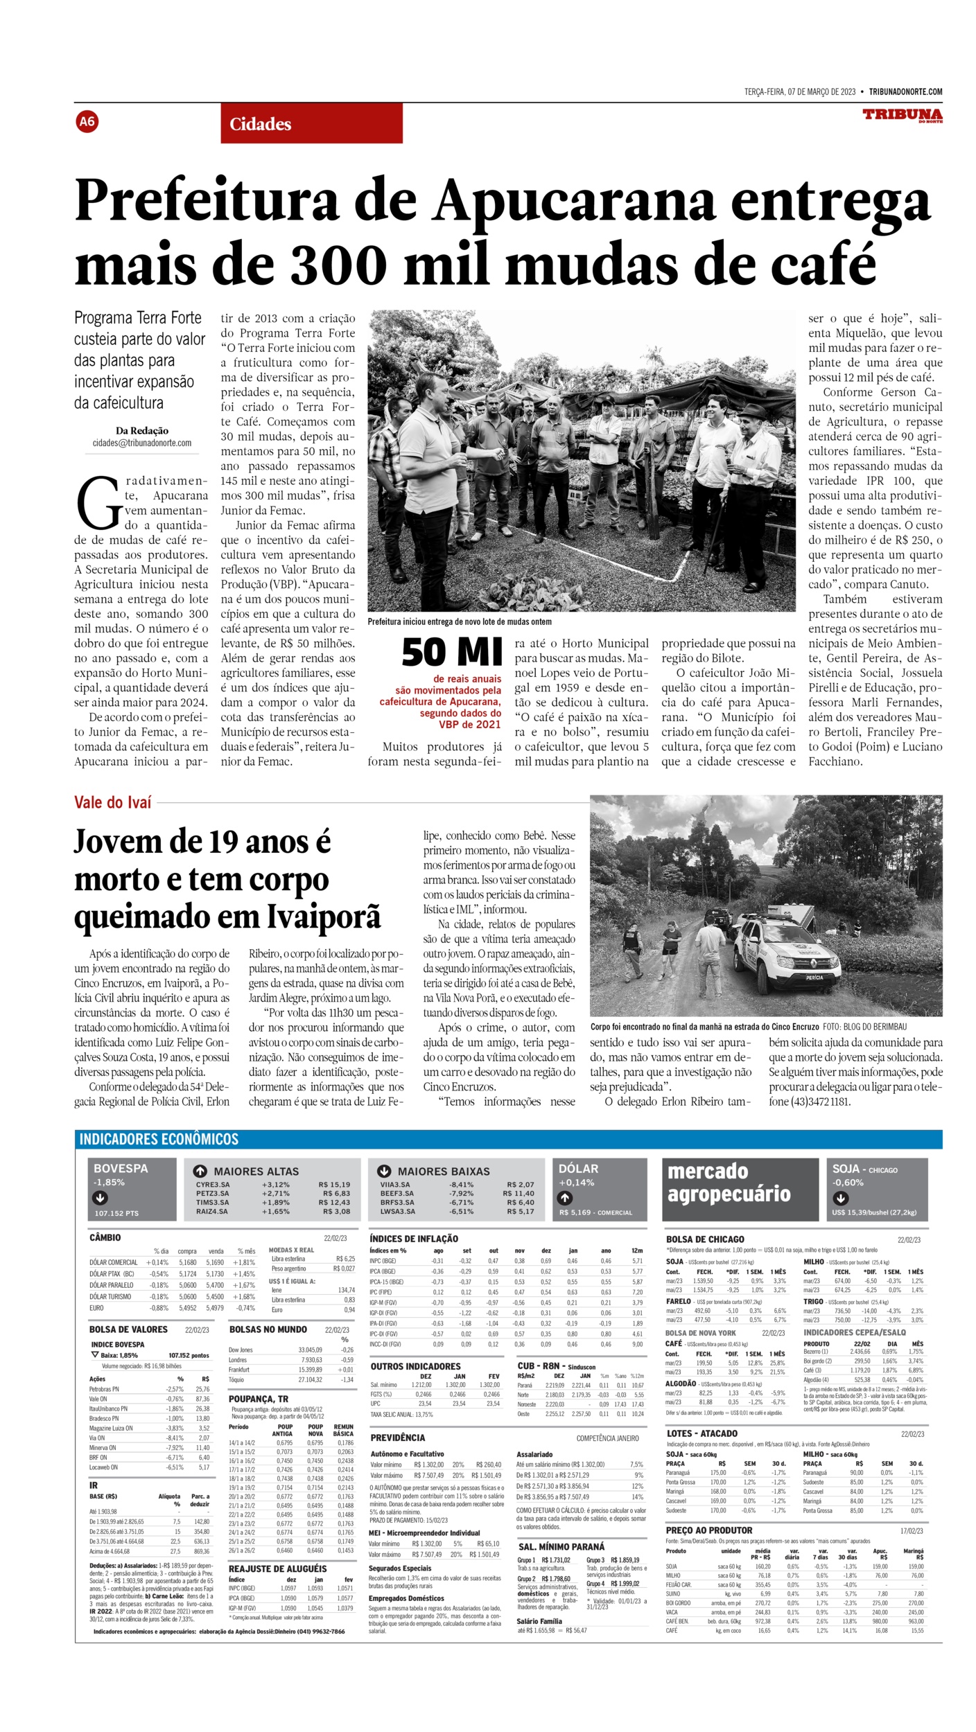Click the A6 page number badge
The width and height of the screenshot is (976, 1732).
tap(87, 123)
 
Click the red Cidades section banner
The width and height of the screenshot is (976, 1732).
tap(311, 124)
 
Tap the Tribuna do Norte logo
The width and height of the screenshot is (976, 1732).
tap(902, 115)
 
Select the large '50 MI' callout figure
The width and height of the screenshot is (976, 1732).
tap(451, 651)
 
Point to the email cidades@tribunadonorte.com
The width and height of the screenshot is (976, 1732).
tap(142, 443)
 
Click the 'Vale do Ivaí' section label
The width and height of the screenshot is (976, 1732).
tap(112, 802)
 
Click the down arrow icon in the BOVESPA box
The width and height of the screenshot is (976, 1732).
tap(101, 1197)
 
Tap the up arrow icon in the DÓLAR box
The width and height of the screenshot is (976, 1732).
tap(566, 1197)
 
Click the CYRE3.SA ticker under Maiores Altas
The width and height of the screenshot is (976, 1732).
tap(213, 1185)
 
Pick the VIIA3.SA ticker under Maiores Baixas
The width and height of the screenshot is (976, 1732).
tap(395, 1185)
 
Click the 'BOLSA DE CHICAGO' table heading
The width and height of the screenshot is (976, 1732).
tap(705, 1239)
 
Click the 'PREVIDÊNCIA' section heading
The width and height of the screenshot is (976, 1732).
tap(398, 1438)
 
